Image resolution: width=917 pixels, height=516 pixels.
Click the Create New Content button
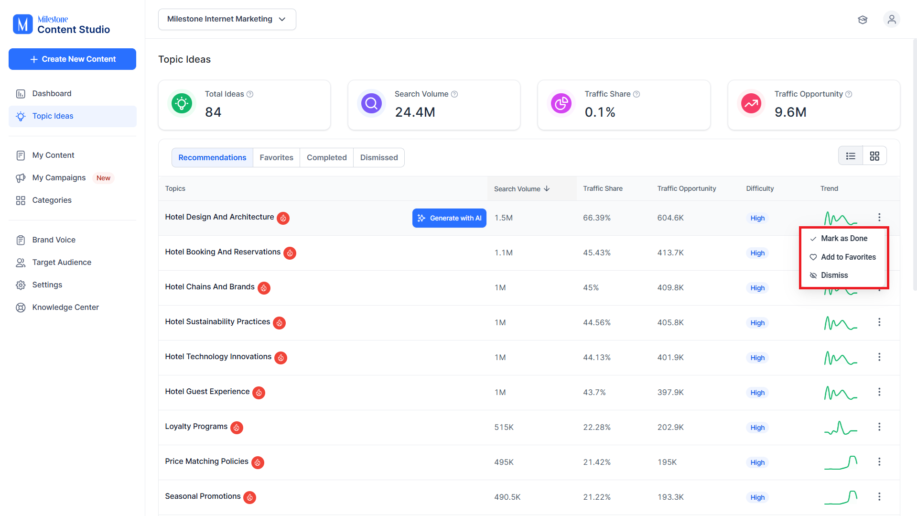(72, 59)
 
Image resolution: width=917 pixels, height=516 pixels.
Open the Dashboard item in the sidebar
(52, 93)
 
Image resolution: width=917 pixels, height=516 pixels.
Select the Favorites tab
(276, 157)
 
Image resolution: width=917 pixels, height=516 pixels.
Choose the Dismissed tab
(379, 157)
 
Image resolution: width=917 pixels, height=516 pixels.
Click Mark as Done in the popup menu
(844, 238)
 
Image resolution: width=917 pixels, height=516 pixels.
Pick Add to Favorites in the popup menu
(848, 257)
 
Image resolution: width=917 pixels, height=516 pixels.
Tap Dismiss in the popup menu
(834, 275)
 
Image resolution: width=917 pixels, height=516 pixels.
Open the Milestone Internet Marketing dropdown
(227, 19)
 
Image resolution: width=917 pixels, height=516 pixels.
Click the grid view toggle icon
(874, 156)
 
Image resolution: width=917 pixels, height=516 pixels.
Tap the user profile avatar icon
(892, 19)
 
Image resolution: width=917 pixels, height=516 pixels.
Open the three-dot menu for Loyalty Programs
(879, 427)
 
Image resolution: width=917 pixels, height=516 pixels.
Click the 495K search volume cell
(504, 462)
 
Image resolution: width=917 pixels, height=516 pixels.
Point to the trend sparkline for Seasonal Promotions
(841, 497)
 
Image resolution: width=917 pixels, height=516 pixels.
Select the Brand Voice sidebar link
(54, 240)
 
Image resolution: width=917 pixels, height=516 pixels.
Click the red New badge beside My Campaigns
(103, 178)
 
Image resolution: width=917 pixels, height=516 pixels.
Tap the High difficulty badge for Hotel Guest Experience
(757, 393)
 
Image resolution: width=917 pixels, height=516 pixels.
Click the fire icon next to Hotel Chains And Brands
(264, 288)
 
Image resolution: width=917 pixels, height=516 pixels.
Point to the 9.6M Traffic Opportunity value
(790, 112)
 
